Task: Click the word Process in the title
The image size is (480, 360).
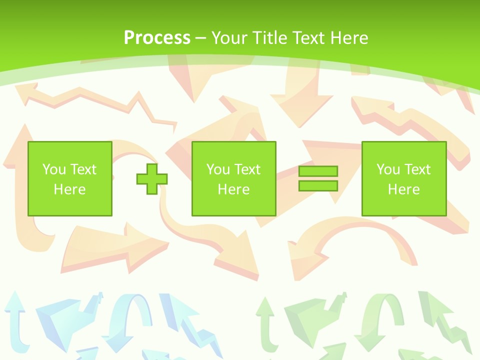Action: pos(157,38)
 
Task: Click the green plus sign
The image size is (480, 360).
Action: pos(152,179)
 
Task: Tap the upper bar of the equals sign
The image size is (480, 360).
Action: pos(318,171)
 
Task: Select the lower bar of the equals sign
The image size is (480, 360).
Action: pos(318,186)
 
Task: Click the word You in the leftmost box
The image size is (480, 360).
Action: pos(54,169)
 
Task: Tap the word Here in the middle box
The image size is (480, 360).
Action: pos(233,189)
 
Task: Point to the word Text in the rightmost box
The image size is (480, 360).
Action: pos(417,169)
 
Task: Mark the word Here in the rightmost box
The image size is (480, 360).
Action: pos(403,189)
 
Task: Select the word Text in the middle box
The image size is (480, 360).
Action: pos(247,169)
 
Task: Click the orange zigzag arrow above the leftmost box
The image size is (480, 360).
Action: pos(95,100)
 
